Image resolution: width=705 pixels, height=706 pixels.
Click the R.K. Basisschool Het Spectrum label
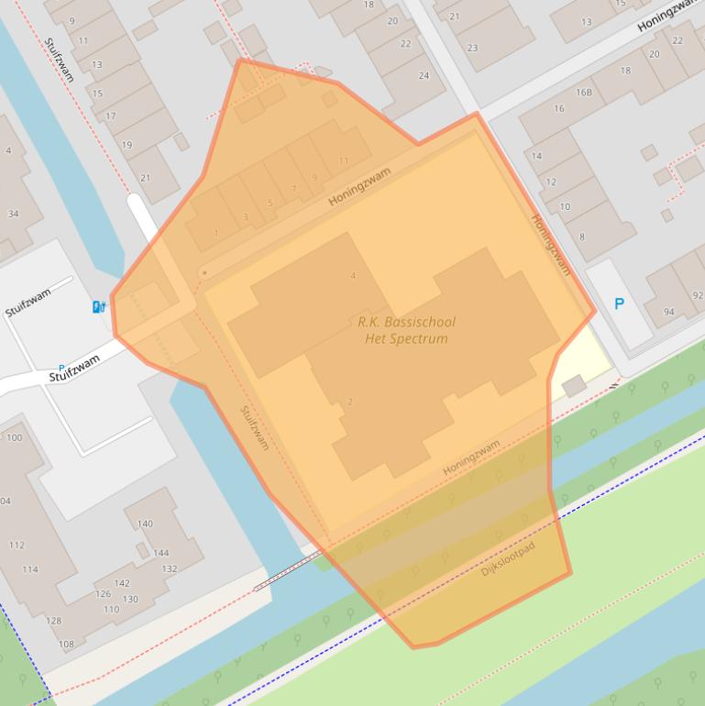tap(405, 330)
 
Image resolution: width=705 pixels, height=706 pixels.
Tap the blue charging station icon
tap(98, 306)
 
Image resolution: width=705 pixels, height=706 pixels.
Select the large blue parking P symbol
tap(619, 303)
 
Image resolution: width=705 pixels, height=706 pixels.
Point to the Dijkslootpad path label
tap(508, 558)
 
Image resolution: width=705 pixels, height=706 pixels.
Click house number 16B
tap(584, 92)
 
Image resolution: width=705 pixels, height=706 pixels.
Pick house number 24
tap(424, 75)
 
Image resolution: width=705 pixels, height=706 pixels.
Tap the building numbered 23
tap(472, 48)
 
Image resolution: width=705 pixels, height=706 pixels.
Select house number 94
tap(668, 312)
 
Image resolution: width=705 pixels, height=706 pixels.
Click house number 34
tap(13, 215)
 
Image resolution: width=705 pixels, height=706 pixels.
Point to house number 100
tap(14, 437)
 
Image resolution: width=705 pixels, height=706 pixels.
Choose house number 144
tap(160, 553)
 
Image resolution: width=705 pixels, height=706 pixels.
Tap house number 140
tap(145, 524)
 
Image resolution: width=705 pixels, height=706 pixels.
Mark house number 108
tap(66, 644)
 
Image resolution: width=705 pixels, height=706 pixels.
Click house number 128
tap(54, 621)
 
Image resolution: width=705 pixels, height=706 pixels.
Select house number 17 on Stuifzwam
tap(111, 116)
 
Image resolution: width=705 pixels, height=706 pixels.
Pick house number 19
tap(127, 145)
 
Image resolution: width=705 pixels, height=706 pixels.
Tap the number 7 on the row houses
tap(293, 189)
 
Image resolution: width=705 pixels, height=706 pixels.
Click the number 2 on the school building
tap(350, 402)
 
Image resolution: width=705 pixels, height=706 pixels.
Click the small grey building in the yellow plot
tap(575, 386)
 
